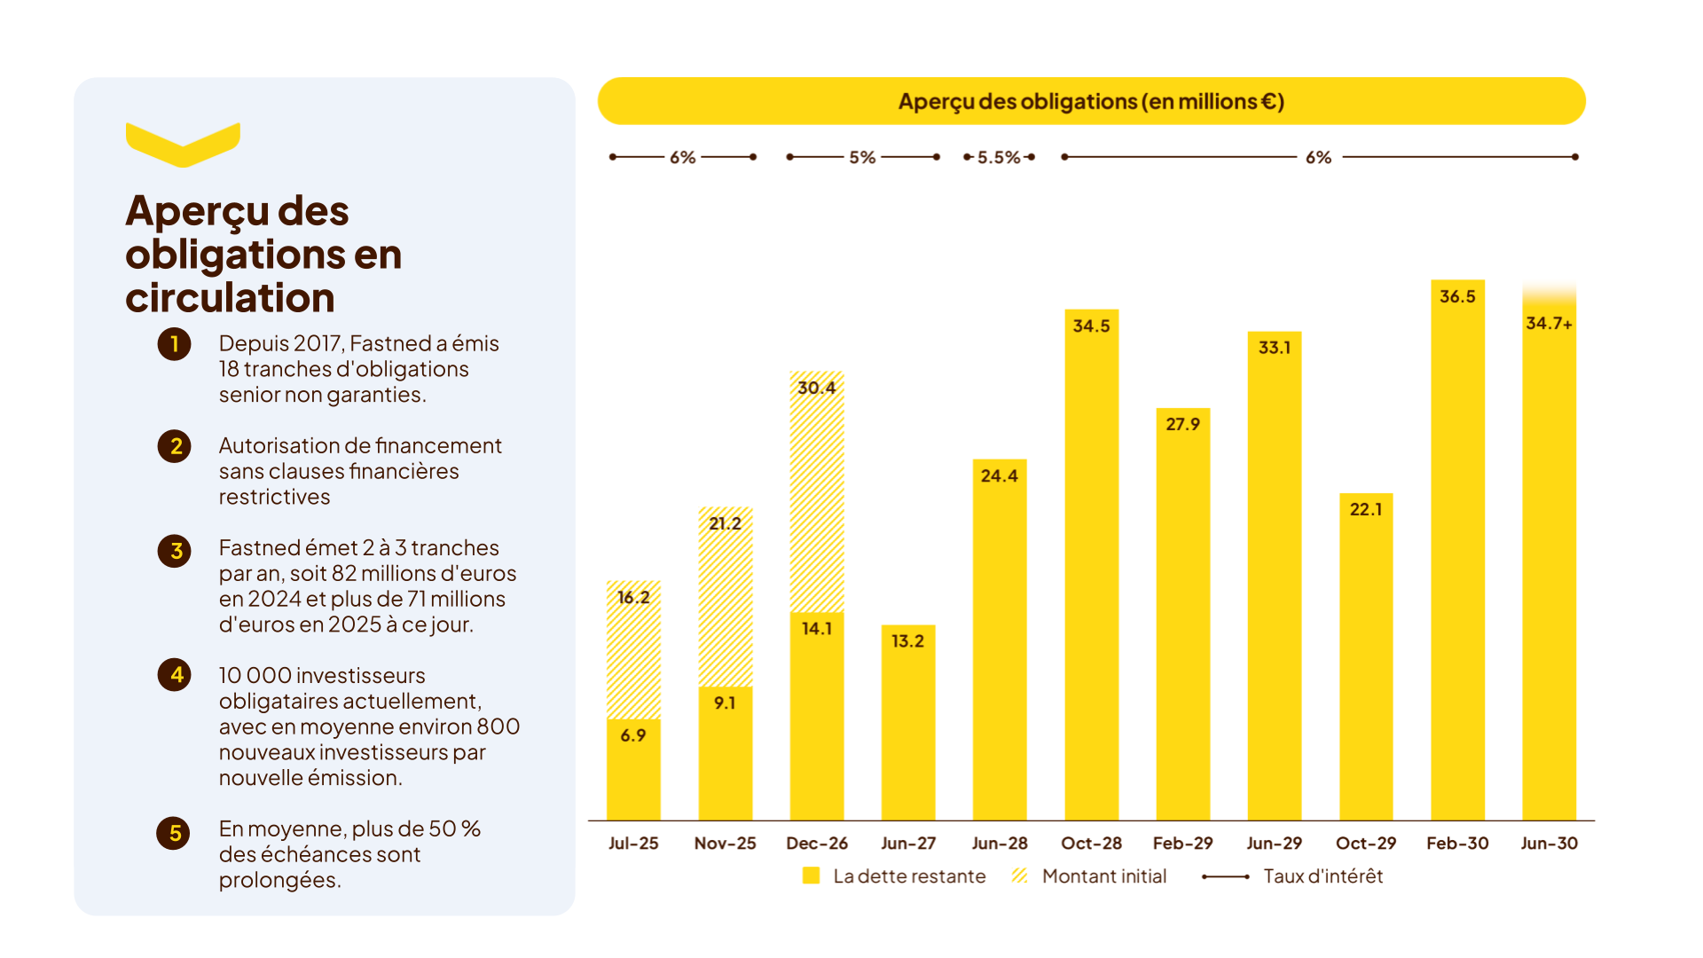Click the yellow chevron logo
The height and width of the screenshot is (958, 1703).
point(183,145)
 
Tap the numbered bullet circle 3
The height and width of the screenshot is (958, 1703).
point(175,551)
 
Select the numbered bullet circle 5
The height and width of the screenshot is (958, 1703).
point(174,833)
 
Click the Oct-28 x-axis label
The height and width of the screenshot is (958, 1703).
point(1091,844)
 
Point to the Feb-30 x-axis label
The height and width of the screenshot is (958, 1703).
point(1457,844)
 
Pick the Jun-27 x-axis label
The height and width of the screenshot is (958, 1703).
point(908,844)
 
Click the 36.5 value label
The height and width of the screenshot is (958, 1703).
point(1457,296)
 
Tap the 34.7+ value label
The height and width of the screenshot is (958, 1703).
point(1549,323)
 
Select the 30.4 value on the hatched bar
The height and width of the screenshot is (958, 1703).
point(816,388)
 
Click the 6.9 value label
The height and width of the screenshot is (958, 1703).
point(633,735)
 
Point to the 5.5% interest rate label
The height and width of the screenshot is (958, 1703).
point(999,157)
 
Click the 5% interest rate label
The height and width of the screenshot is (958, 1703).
point(862,157)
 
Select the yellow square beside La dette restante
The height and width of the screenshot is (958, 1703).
point(811,876)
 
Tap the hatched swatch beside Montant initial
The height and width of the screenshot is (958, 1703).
point(1020,876)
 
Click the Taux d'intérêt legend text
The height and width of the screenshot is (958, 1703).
point(1323,876)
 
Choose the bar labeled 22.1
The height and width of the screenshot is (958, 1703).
point(1366,656)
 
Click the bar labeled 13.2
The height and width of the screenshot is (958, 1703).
point(908,722)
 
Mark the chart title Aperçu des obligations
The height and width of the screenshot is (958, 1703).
point(1091,101)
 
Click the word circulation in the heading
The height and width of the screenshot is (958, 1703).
point(230,297)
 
